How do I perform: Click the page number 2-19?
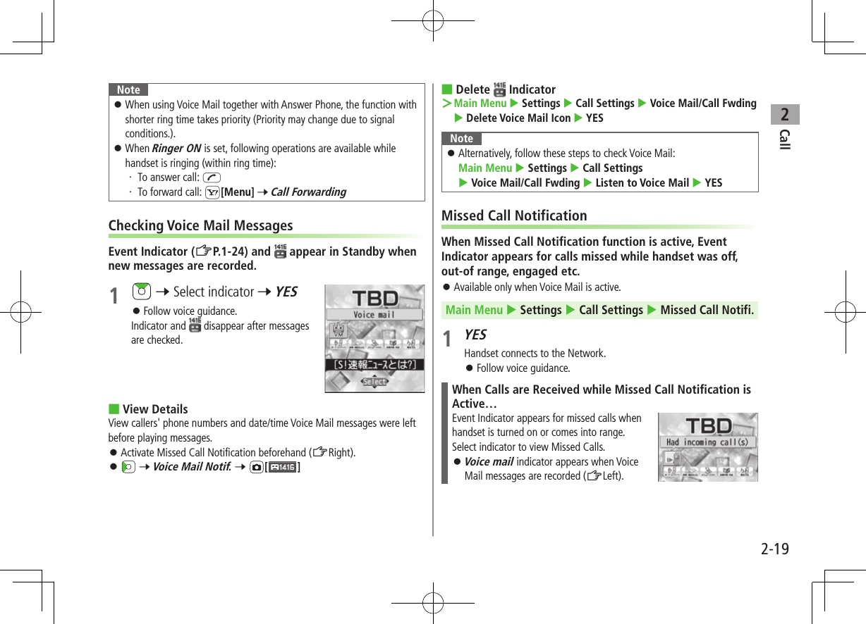coord(774,549)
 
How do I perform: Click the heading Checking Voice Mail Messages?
coord(200,225)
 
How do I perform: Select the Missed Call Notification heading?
coord(514,216)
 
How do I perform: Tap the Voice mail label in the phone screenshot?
coord(374,315)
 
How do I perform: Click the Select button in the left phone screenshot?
coord(374,382)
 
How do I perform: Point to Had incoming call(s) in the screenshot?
coord(707,442)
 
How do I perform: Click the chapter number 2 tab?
coord(784,114)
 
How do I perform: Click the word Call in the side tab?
coord(784,139)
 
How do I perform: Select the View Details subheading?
coord(155,409)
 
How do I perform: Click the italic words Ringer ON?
coord(176,149)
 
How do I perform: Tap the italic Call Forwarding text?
coord(308,192)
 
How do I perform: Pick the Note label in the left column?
coord(128,90)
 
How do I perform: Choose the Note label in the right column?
coord(462,139)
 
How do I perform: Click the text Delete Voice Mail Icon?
coord(518,118)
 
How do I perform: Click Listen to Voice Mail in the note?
coord(642,183)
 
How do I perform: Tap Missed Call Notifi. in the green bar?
coord(707,310)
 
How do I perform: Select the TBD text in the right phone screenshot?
coord(708,425)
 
